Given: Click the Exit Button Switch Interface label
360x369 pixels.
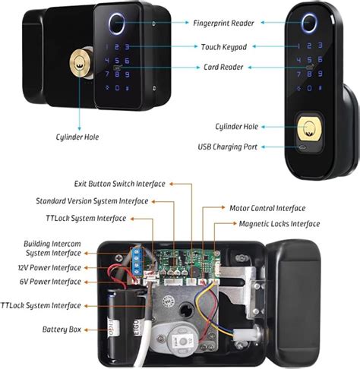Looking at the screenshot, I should [119, 184].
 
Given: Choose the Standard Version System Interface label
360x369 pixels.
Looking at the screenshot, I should [91, 201].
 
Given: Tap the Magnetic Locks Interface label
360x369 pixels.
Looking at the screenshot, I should [279, 224].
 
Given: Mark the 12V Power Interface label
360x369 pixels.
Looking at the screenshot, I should [52, 267].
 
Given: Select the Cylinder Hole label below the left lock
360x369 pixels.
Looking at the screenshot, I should [76, 137].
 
